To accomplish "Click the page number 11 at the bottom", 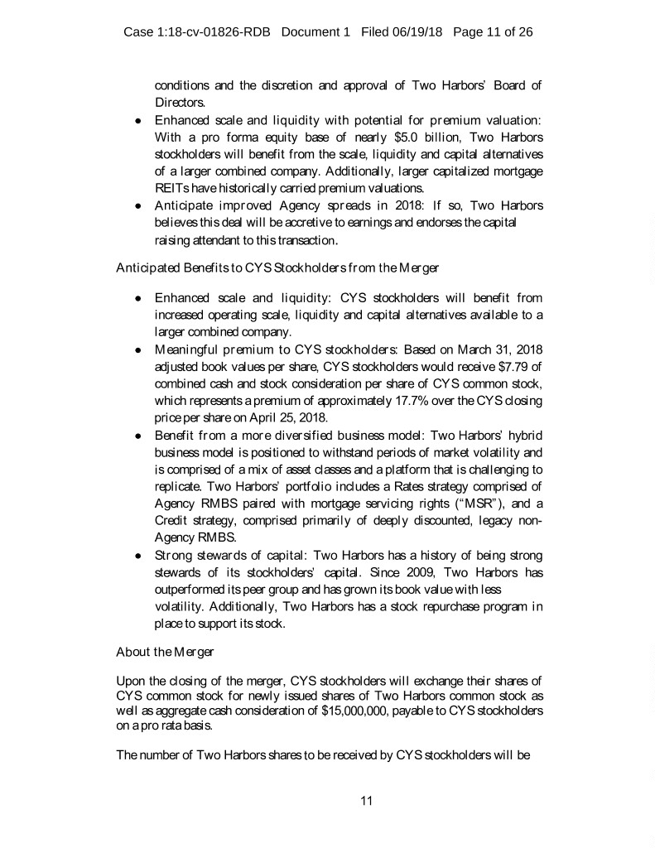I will (368, 800).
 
